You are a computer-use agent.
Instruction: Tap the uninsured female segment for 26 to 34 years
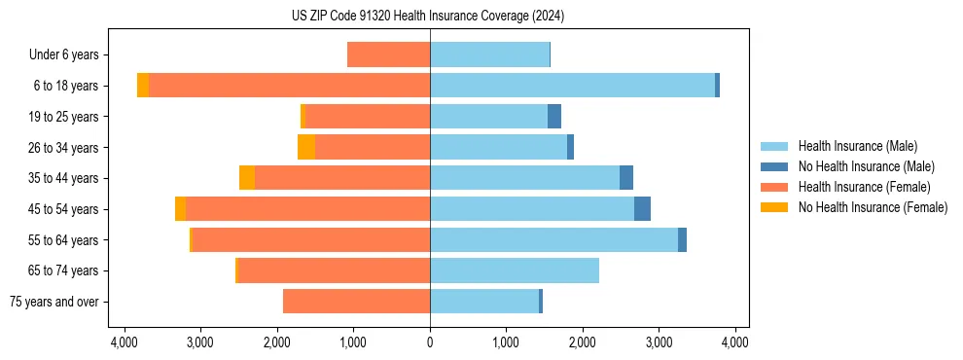click(x=306, y=147)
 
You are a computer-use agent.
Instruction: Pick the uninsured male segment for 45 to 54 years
click(x=642, y=209)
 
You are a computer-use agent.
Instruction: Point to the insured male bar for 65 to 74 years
click(x=515, y=270)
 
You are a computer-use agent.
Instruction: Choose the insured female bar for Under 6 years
click(x=388, y=54)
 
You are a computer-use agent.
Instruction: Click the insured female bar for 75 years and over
click(x=356, y=302)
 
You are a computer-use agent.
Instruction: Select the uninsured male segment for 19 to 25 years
click(x=554, y=117)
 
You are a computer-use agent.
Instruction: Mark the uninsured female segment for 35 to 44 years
click(x=247, y=178)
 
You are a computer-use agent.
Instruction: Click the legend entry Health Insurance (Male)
click(x=857, y=146)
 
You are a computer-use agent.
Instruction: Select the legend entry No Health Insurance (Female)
click(x=873, y=207)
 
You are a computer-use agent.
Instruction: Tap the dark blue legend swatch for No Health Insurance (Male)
click(x=774, y=166)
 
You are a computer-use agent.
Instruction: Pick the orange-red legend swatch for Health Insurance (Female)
click(x=774, y=187)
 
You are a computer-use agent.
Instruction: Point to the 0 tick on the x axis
click(x=430, y=342)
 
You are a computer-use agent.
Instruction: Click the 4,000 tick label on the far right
click(x=734, y=342)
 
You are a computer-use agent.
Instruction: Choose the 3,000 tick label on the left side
click(x=200, y=342)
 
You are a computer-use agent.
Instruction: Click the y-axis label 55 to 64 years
click(x=63, y=240)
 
